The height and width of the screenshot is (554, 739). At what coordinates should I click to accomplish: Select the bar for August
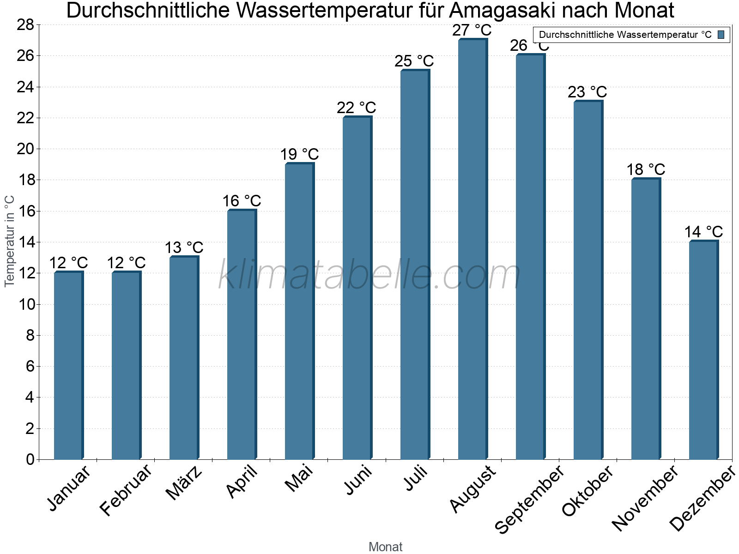tap(472, 249)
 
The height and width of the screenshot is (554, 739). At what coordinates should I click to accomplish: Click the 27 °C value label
tap(472, 30)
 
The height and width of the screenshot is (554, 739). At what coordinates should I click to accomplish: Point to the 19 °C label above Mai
tap(299, 155)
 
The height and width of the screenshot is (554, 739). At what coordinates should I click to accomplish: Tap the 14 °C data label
tap(703, 232)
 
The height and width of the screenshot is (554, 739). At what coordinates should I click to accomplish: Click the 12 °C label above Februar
tap(126, 263)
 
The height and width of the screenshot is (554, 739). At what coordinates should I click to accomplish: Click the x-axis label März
tap(184, 483)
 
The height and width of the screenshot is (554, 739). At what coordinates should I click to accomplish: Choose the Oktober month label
tap(587, 491)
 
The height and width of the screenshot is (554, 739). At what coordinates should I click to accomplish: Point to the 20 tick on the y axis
tap(26, 149)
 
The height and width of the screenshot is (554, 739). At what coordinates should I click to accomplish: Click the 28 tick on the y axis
tap(26, 25)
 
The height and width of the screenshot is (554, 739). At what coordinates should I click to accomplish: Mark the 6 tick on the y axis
tap(30, 367)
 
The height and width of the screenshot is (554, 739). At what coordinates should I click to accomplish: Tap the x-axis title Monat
tap(385, 547)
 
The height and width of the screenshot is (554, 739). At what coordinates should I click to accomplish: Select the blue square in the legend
tap(721, 35)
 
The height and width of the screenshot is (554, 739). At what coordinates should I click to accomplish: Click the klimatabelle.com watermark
tap(369, 276)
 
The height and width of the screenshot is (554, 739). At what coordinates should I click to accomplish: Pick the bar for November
tap(646, 319)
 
